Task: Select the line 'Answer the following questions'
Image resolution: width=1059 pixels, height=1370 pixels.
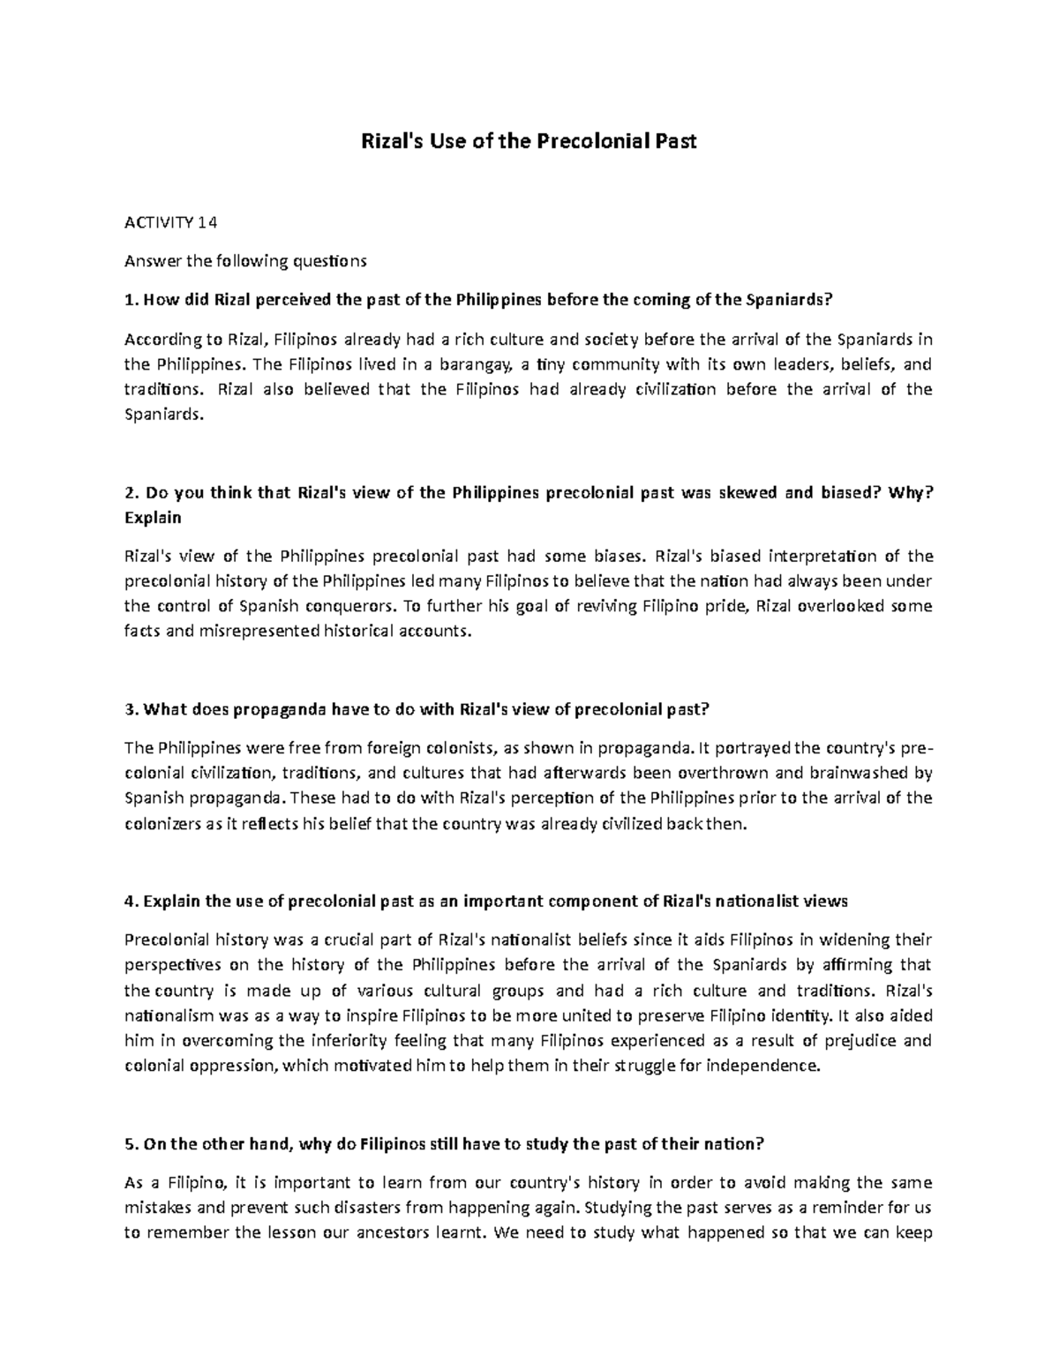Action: (x=244, y=260)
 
